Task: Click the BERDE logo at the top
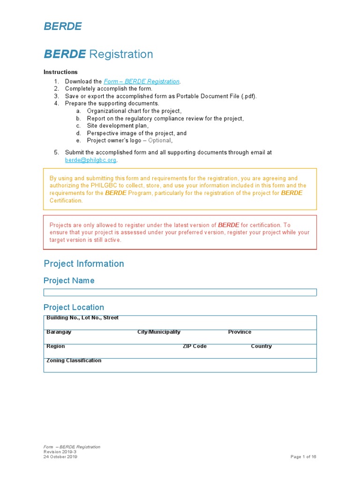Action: [63, 26]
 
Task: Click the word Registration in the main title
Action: [121, 54]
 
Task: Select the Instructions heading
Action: [60, 72]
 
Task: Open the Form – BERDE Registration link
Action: [142, 82]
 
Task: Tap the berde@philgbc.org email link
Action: [90, 160]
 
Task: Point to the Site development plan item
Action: [118, 126]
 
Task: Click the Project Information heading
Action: [84, 263]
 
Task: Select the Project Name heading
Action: [69, 280]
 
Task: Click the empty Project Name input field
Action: [180, 292]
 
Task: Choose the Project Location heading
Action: [74, 307]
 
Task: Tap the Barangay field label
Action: [59, 332]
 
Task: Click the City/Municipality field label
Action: [158, 332]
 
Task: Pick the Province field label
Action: [240, 332]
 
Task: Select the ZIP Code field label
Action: [195, 346]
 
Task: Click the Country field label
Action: [261, 346]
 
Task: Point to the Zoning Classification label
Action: [74, 360]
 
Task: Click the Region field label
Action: [56, 346]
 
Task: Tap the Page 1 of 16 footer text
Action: [303, 457]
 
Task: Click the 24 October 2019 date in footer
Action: [60, 457]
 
